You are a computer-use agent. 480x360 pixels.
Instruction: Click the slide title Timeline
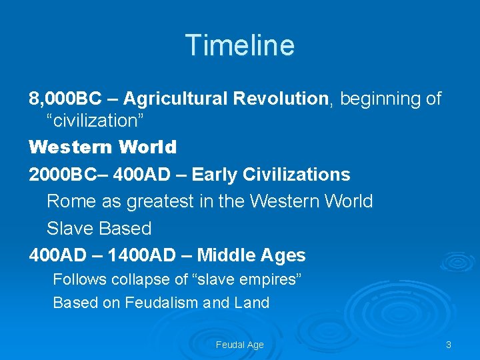tap(240, 45)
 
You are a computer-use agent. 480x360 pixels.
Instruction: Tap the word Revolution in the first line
tap(281, 99)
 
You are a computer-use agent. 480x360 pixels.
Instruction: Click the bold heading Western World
tap(103, 147)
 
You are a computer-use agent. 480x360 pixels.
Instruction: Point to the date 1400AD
tap(139, 255)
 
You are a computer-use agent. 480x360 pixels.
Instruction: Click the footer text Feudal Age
tap(239, 345)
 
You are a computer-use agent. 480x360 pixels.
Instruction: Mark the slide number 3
tap(448, 345)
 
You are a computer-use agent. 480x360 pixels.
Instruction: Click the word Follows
tap(76, 279)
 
